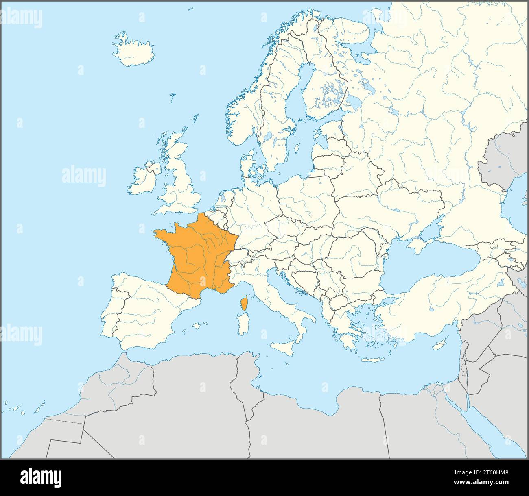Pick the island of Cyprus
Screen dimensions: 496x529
coord(439,345)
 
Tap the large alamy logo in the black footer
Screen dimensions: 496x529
coord(41,477)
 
